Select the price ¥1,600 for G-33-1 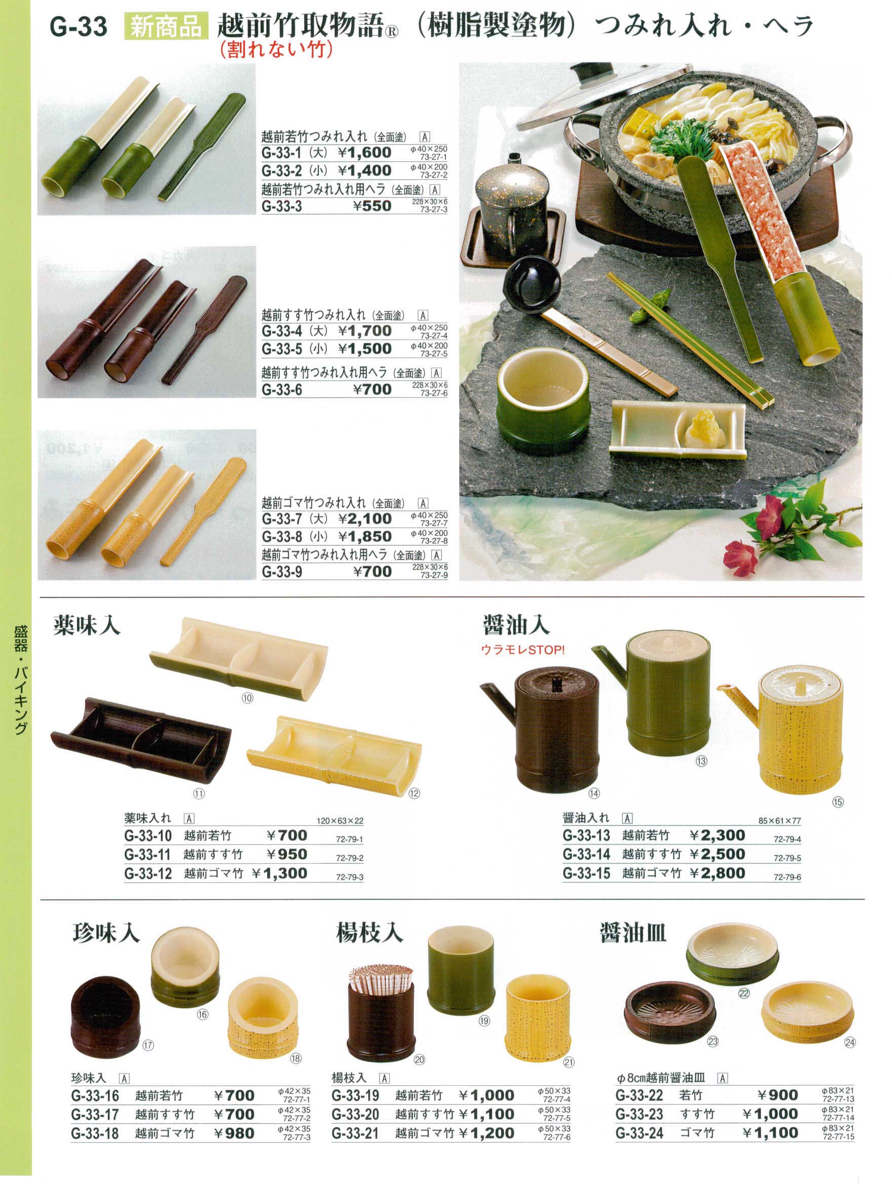(364, 153)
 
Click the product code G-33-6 (281, 390)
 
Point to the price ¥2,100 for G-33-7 (364, 519)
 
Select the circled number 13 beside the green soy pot (701, 761)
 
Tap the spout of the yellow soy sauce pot (738, 699)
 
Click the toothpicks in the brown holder (381, 980)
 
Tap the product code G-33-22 (639, 1095)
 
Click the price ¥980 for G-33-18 (234, 1133)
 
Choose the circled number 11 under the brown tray (199, 794)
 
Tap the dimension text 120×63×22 (340, 821)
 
